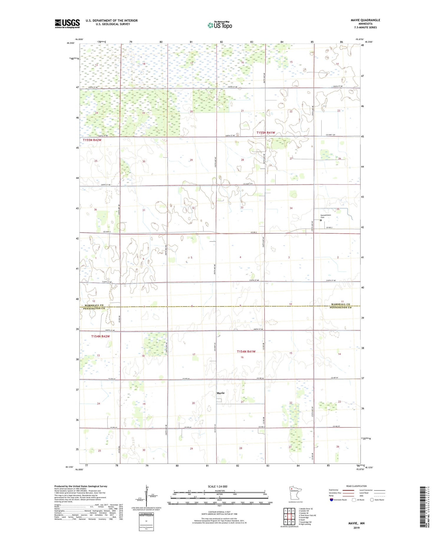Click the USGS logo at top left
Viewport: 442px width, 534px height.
click(x=67, y=24)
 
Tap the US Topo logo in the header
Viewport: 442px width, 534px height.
click(x=220, y=25)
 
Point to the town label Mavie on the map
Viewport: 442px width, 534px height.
click(x=220, y=393)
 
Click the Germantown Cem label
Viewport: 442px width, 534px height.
click(x=326, y=216)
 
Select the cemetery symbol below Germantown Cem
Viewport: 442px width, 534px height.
click(x=321, y=220)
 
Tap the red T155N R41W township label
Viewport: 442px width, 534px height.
click(x=265, y=133)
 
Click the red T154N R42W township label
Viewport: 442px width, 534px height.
click(x=100, y=336)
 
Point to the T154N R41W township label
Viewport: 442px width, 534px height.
click(x=246, y=351)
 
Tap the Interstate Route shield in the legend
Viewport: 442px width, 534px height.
click(x=331, y=500)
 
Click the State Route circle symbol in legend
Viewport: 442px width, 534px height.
click(x=372, y=500)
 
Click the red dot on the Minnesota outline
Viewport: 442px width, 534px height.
click(x=292, y=490)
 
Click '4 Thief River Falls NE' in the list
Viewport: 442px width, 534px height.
click(x=308, y=515)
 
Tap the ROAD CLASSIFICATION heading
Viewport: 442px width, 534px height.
click(x=356, y=486)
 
